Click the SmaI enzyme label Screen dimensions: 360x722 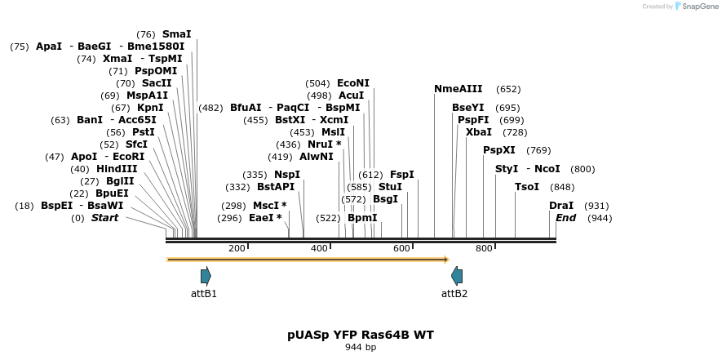click(176, 34)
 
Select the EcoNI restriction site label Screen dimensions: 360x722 click(353, 83)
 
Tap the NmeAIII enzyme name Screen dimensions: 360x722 click(458, 89)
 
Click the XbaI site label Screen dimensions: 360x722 click(479, 132)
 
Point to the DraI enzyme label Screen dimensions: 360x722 click(561, 206)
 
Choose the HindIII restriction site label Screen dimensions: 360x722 click(117, 169)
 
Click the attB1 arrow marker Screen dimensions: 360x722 click(206, 276)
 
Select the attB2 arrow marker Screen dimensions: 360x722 click(457, 276)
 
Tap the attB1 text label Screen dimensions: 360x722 click(204, 294)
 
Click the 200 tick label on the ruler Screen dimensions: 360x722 click(237, 248)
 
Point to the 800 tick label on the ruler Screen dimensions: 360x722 click(484, 248)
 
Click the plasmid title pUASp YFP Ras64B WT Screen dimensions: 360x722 click(361, 335)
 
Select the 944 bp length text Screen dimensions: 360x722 click(361, 348)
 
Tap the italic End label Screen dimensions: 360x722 click(565, 218)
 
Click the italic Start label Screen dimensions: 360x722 click(104, 218)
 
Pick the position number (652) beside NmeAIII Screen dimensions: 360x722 click(508, 89)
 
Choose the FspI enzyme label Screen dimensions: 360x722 click(401, 175)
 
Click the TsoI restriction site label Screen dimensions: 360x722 click(527, 187)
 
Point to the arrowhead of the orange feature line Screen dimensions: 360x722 click(446, 260)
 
